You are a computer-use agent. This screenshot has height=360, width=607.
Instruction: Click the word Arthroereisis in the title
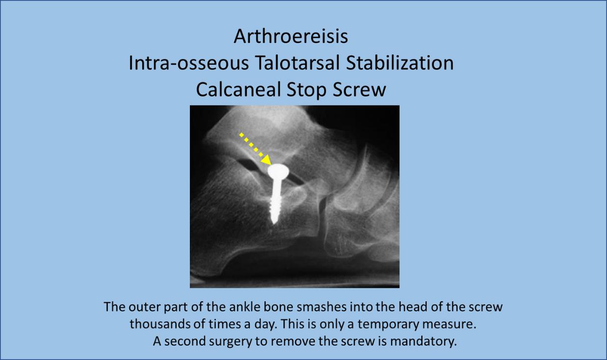[291, 36]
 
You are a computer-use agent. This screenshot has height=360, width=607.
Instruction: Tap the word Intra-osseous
[188, 63]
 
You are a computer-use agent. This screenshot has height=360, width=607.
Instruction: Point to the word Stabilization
[400, 63]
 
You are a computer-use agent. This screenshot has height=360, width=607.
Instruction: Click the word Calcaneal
[238, 89]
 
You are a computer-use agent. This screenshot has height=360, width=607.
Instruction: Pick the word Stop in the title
[307, 90]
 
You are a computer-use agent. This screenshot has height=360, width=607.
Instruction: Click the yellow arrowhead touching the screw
[266, 160]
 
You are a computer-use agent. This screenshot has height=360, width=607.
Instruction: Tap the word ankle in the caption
[244, 307]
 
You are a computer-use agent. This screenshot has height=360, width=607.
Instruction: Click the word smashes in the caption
[322, 307]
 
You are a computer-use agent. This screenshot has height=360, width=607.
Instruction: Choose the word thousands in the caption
[158, 324]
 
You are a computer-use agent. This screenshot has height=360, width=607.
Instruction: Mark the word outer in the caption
[142, 308]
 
